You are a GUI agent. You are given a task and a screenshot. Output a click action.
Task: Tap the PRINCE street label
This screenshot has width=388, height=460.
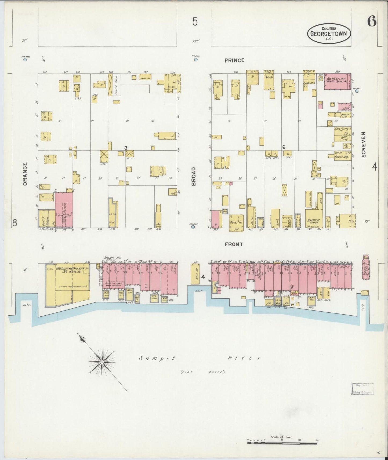[234, 60]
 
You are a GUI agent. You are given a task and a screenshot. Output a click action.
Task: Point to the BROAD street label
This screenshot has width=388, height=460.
[193, 176]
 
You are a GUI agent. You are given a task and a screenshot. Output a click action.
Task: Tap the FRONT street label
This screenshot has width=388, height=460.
[234, 244]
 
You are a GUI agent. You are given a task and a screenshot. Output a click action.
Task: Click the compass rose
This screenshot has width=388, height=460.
[102, 362]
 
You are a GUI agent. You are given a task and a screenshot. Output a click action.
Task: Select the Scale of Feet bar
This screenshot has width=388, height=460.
[282, 442]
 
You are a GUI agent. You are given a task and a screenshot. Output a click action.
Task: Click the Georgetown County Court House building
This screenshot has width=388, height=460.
[337, 81]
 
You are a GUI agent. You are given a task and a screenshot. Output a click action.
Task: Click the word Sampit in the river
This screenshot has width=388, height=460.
[157, 358]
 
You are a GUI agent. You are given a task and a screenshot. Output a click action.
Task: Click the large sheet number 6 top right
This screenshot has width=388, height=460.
[372, 21]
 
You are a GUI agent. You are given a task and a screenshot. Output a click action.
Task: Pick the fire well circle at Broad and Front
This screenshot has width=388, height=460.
[193, 227]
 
